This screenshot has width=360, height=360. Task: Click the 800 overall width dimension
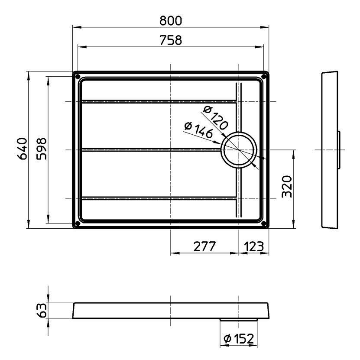pyautogui.click(x=171, y=20)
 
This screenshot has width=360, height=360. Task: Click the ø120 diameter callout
pyautogui.click(x=215, y=117)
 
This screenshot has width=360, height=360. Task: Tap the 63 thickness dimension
pyautogui.click(x=42, y=311)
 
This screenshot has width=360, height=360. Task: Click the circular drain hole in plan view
pyautogui.click(x=238, y=150)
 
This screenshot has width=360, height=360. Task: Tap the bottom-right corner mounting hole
pyautogui.click(x=264, y=224)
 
